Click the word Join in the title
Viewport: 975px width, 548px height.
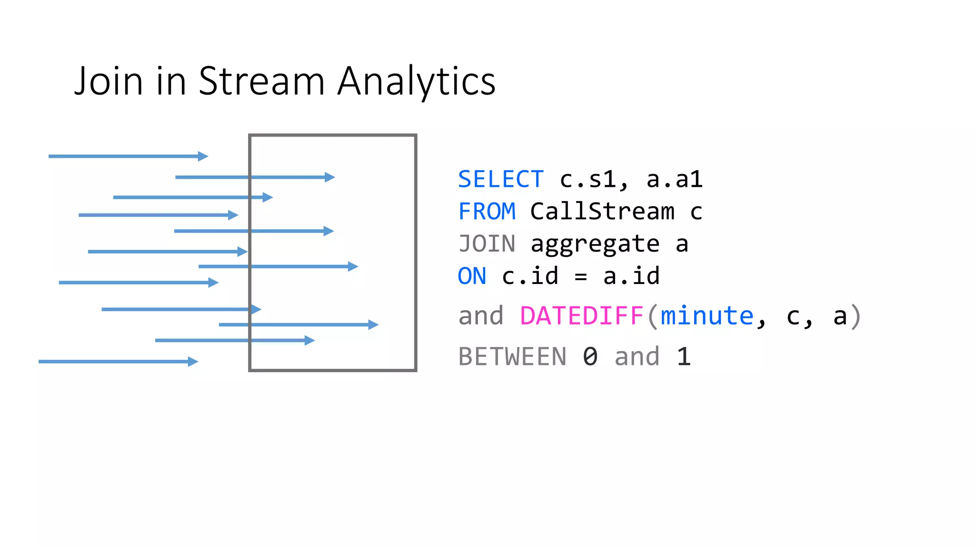[x=109, y=82]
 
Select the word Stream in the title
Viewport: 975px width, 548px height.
[x=261, y=82]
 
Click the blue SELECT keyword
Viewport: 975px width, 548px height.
[x=500, y=180]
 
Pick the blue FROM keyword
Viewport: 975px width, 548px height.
[x=487, y=212]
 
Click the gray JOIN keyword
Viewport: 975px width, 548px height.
[x=487, y=244]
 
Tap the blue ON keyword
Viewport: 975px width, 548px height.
[x=472, y=276]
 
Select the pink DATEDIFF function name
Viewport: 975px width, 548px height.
[x=582, y=316]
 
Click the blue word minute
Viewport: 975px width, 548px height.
[x=707, y=316]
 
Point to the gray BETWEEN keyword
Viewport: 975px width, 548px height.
[x=512, y=357]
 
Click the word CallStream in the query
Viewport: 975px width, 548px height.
[x=602, y=212]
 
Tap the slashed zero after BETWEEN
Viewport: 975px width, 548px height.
[x=590, y=357]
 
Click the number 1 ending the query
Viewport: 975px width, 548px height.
[x=684, y=357]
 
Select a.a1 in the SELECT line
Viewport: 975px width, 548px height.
[x=674, y=180]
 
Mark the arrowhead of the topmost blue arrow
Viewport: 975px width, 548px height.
[x=203, y=156]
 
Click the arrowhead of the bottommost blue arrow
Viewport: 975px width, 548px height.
[x=193, y=362]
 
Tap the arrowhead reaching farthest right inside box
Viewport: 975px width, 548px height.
[x=374, y=324]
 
